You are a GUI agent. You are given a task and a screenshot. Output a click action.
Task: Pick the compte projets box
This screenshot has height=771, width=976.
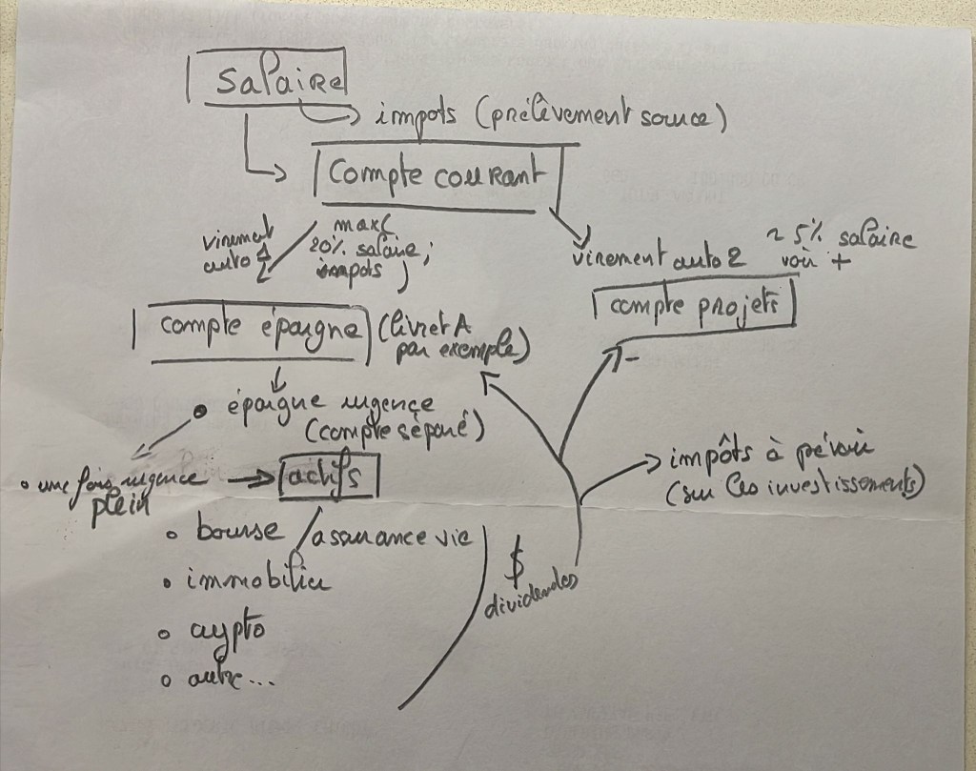[693, 306]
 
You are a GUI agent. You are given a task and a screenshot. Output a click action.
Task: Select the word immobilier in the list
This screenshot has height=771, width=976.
[257, 580]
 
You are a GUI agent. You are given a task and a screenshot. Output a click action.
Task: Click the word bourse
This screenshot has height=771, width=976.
[238, 532]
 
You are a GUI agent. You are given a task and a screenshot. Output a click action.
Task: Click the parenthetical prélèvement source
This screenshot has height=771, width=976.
[602, 119]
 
